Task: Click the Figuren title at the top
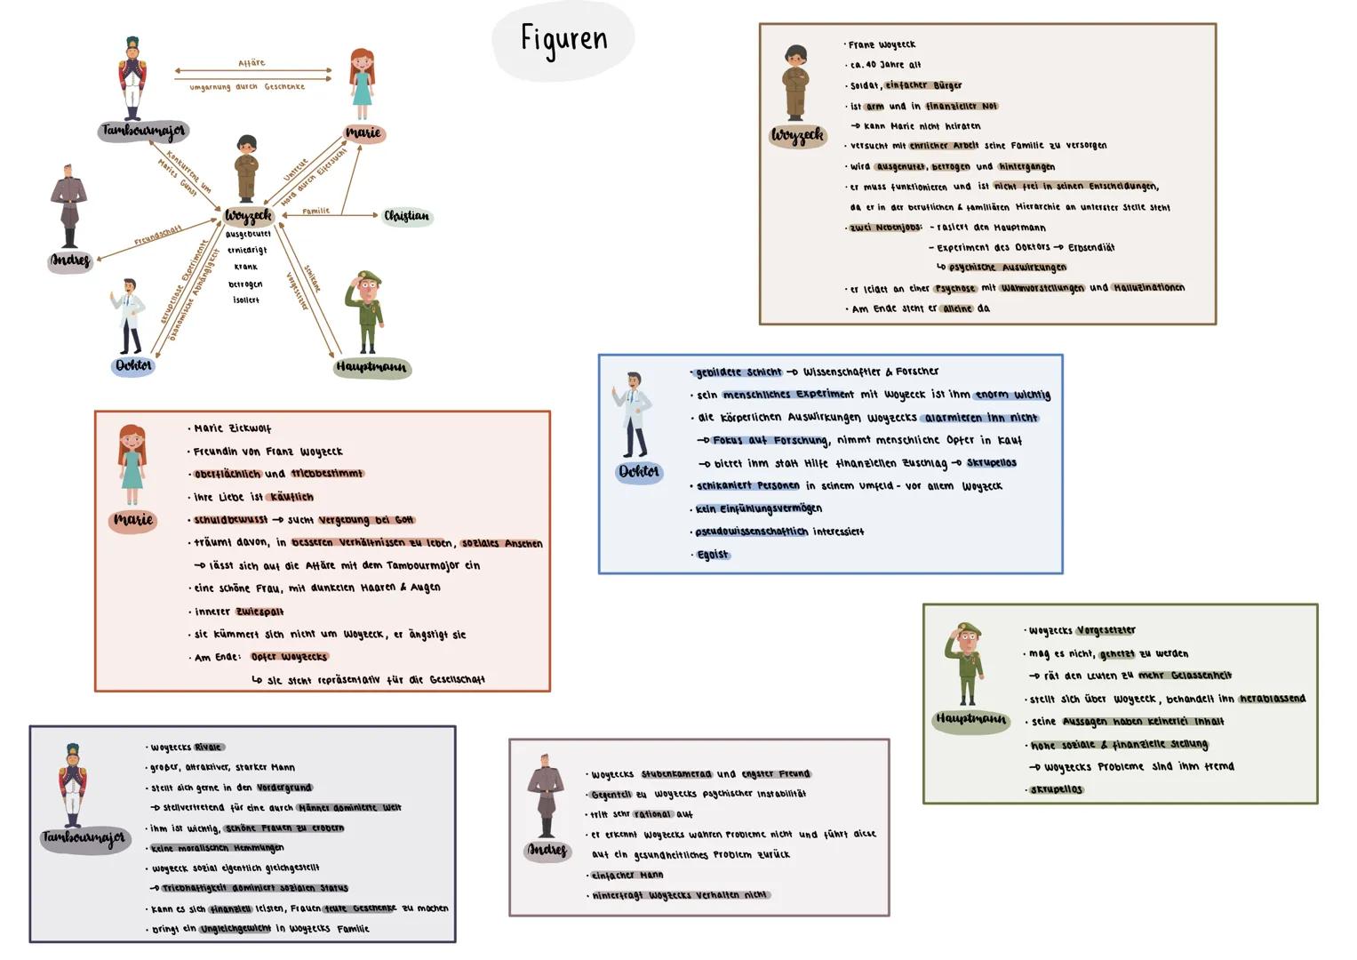coord(563,39)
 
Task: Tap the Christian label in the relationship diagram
coord(406,216)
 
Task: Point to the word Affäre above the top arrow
coord(251,63)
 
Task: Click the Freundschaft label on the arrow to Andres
coord(158,236)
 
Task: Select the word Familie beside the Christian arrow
coord(315,211)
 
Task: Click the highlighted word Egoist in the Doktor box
coord(712,555)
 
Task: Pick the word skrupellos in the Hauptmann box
coord(1057,789)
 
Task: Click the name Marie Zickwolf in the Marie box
coord(233,428)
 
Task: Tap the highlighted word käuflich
coord(291,497)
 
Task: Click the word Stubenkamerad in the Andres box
coord(676,774)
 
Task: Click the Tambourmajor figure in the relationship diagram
coord(132,78)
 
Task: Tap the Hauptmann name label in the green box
coord(971,718)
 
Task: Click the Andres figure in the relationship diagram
coord(68,206)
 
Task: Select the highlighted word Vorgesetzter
coord(1106,630)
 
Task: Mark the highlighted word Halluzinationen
coord(1149,288)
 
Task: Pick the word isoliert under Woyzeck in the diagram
coord(246,300)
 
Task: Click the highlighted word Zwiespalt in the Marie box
coord(259,612)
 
